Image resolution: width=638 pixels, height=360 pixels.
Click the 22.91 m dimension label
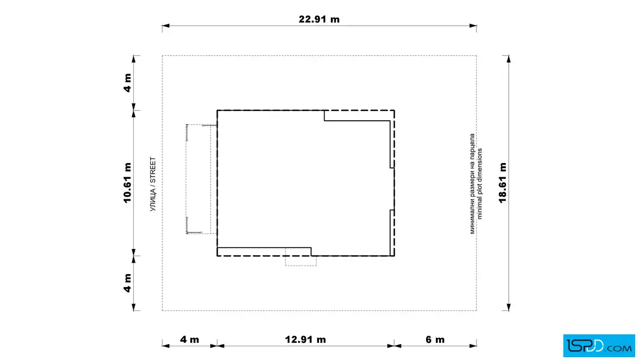(x=319, y=19)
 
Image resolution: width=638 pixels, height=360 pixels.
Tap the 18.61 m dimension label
(x=503, y=183)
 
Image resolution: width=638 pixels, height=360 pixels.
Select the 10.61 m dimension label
(x=128, y=183)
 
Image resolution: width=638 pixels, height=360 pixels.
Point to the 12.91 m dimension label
(x=305, y=339)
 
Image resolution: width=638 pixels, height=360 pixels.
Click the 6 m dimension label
(x=435, y=339)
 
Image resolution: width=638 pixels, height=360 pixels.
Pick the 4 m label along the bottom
(x=190, y=339)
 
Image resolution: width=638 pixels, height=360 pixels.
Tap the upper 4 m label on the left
(x=128, y=83)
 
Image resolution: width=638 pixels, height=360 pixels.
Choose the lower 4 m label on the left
(x=128, y=283)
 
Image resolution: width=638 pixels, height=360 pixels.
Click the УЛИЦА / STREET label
(x=153, y=184)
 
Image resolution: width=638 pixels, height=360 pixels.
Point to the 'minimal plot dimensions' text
(x=479, y=184)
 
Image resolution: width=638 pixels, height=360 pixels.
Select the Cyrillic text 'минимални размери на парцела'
(x=472, y=184)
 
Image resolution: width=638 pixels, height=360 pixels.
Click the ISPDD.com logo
(x=599, y=346)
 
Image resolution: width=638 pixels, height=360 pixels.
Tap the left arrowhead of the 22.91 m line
(x=166, y=26)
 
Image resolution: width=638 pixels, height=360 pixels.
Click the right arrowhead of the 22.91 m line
(x=473, y=26)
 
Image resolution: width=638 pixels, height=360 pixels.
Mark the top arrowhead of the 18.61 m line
(x=509, y=59)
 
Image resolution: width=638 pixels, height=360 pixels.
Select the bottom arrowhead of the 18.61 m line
(x=509, y=307)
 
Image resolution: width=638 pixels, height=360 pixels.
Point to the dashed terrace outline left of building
(x=186, y=179)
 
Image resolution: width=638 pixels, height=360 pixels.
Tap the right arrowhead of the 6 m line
(x=473, y=346)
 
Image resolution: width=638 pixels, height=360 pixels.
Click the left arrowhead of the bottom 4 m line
(x=166, y=346)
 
